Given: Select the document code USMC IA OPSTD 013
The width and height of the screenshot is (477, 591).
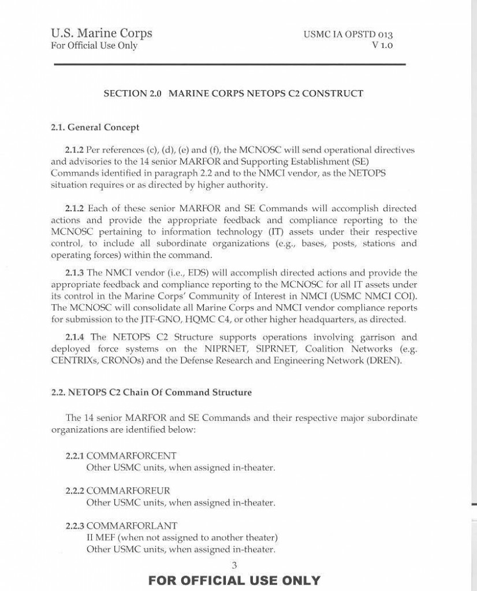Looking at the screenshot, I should [x=348, y=35].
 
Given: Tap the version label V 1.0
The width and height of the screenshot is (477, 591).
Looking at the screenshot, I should [x=382, y=45].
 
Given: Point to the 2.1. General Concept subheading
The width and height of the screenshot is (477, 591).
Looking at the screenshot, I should [x=95, y=127].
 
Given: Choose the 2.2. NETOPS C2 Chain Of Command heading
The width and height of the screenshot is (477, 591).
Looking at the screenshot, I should [x=151, y=392].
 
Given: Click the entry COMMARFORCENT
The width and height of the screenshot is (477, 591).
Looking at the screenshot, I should [x=131, y=456].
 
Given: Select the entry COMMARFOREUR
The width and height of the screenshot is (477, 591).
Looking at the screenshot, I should [x=128, y=491].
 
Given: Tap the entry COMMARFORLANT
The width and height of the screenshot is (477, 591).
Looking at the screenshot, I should [x=132, y=526].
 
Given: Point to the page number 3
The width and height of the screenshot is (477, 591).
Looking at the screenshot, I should [x=234, y=565].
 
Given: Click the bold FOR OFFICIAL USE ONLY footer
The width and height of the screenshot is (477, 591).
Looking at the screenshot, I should [x=234, y=580].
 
